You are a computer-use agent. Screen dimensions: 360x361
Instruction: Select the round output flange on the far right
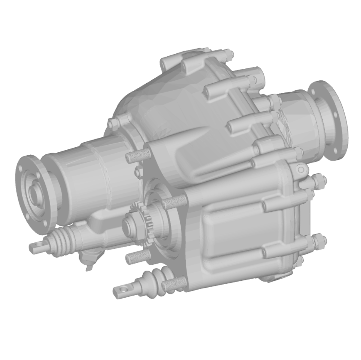click(x=328, y=120)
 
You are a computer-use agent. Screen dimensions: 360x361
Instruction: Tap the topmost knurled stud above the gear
click(x=138, y=156)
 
